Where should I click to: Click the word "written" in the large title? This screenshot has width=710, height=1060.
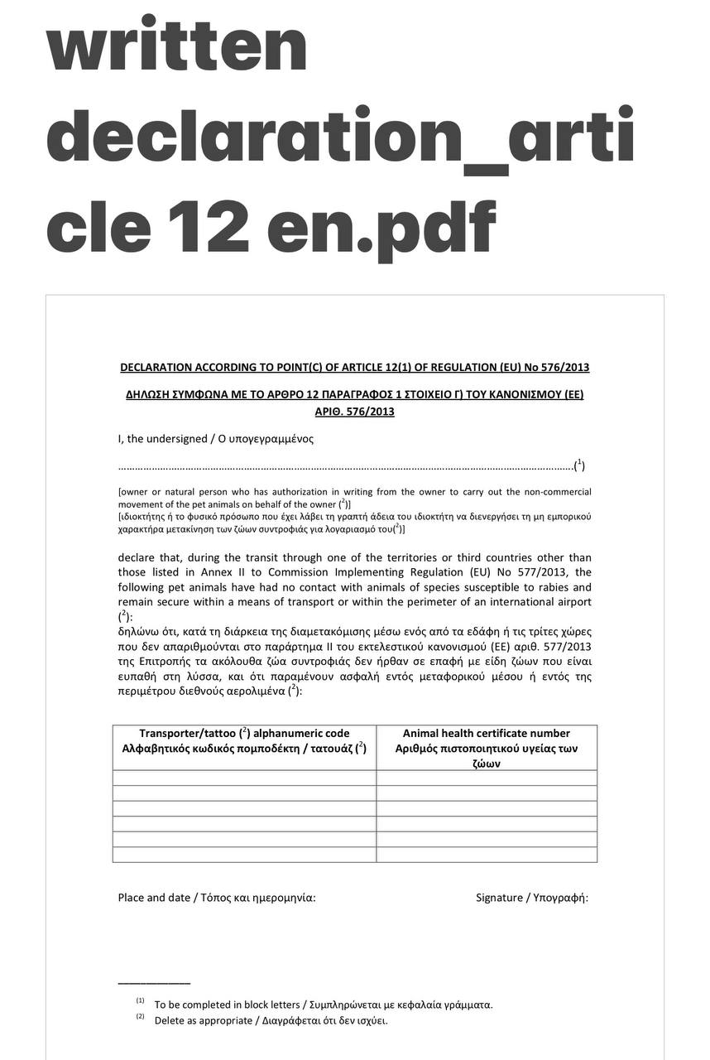tap(177, 46)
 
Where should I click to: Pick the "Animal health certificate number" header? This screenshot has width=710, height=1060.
tap(486, 734)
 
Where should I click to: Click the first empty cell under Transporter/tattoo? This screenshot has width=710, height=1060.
tap(244, 778)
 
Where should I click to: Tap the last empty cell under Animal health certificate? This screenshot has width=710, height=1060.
tap(487, 854)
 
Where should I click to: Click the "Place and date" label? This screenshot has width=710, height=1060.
tap(154, 898)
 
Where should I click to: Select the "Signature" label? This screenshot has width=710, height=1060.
tap(499, 898)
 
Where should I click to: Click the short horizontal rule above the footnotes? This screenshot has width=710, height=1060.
tap(154, 984)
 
